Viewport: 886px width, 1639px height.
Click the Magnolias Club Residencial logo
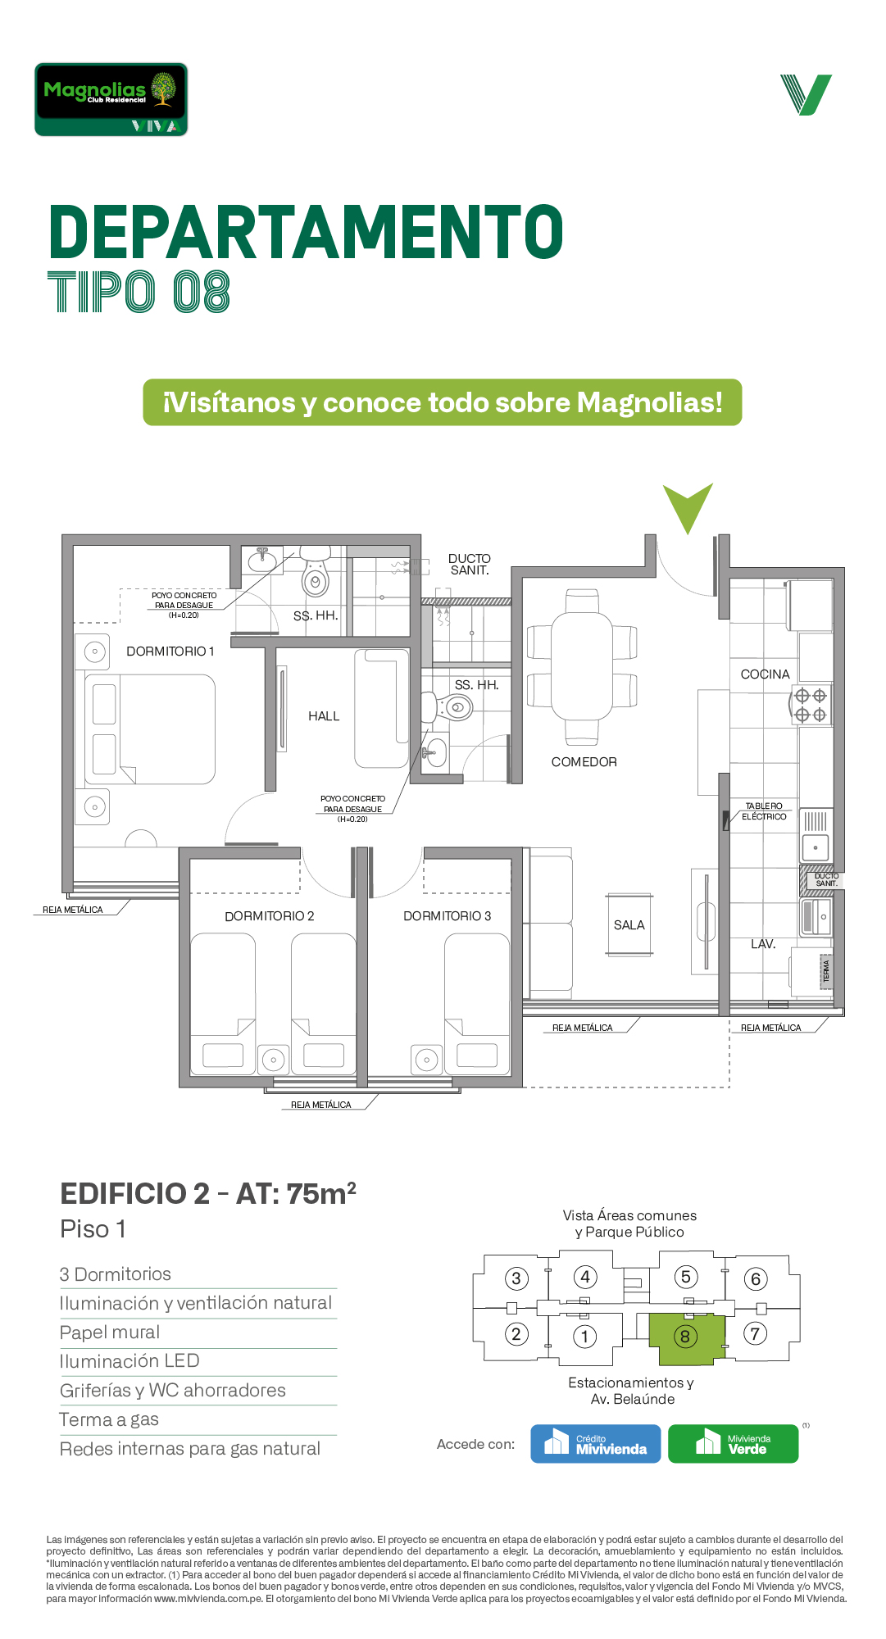click(x=111, y=99)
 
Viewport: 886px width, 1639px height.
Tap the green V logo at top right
click(x=806, y=95)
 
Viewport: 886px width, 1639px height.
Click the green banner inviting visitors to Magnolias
click(x=443, y=402)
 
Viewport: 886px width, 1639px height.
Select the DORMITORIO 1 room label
click(x=170, y=652)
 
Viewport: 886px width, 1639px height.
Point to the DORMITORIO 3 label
click(x=448, y=916)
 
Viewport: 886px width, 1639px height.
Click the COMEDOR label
click(x=584, y=762)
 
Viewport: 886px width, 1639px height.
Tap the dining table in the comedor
click(x=582, y=665)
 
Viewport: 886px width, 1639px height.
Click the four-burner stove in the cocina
click(x=811, y=706)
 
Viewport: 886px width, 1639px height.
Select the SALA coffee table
click(x=629, y=925)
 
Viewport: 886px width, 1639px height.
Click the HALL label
click(x=324, y=716)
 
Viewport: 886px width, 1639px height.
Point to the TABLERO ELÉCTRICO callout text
click(x=764, y=811)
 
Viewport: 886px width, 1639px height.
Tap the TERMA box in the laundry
click(x=826, y=971)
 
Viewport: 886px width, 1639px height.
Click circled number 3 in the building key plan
click(x=516, y=1278)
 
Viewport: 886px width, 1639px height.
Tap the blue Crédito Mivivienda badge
click(x=596, y=1444)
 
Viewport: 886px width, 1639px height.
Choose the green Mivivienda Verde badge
click(x=734, y=1444)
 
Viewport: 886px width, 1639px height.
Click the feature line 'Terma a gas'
click(x=109, y=1420)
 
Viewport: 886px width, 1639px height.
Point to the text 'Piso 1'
click(x=93, y=1229)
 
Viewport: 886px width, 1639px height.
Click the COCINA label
click(x=766, y=674)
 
